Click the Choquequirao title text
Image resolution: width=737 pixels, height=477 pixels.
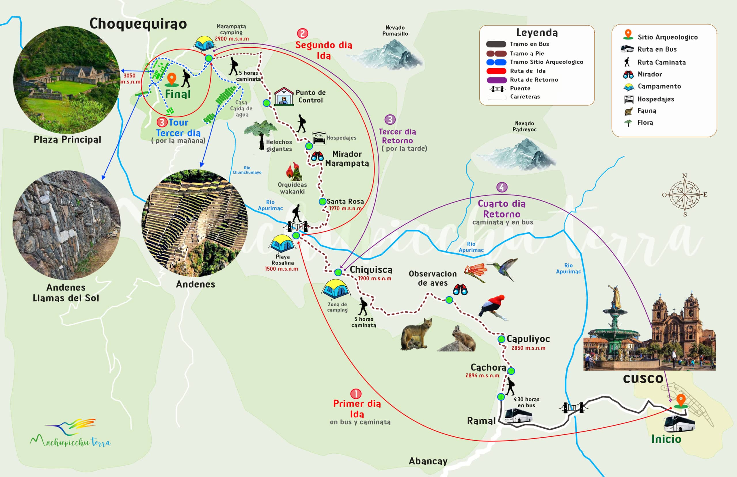[x=138, y=24]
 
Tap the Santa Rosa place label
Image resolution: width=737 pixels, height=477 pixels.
[x=345, y=201]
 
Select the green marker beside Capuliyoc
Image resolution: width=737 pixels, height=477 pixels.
[x=501, y=339]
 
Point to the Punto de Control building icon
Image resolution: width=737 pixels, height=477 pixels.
[x=284, y=97]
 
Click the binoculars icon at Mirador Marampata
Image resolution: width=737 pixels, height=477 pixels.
[x=318, y=156]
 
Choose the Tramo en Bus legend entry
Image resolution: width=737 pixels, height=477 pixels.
[x=529, y=44]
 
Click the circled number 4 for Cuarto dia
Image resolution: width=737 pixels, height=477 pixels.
[x=502, y=187]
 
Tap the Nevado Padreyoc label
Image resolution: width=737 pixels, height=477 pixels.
[x=524, y=126]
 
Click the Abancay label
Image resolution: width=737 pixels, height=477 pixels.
[x=428, y=461]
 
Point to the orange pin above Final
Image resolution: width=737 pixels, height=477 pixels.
[x=171, y=79]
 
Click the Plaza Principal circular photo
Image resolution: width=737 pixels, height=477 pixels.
[x=67, y=80]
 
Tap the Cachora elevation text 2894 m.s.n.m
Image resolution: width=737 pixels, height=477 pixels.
[x=482, y=375]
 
